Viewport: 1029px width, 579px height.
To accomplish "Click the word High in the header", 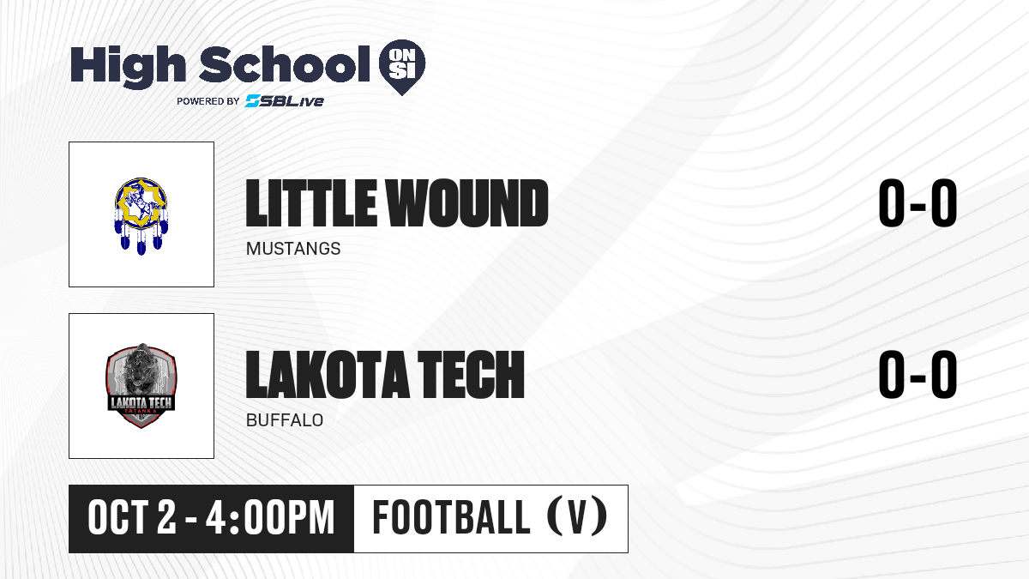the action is [128, 67].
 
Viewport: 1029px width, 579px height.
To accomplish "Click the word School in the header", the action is [285, 64].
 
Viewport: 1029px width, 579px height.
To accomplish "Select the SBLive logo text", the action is [285, 101].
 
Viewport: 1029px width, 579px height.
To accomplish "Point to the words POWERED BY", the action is [208, 101].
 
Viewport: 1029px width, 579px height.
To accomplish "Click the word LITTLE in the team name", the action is [310, 203].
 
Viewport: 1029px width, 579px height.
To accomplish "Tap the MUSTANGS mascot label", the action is [293, 249].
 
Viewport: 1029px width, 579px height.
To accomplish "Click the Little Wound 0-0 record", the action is [918, 203].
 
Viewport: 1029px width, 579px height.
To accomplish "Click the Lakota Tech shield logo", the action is [141, 385].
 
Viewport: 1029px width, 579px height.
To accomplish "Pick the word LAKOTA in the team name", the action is [328, 375].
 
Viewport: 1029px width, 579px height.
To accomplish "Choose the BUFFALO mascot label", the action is [285, 420].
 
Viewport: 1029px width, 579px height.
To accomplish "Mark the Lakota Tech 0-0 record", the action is [918, 375].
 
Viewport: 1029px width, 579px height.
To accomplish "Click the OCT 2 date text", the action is [132, 518].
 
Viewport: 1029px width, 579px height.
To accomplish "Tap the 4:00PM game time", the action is [270, 518].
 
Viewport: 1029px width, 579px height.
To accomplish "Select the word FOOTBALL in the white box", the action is [452, 518].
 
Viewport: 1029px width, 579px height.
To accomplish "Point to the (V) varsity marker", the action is [577, 516].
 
